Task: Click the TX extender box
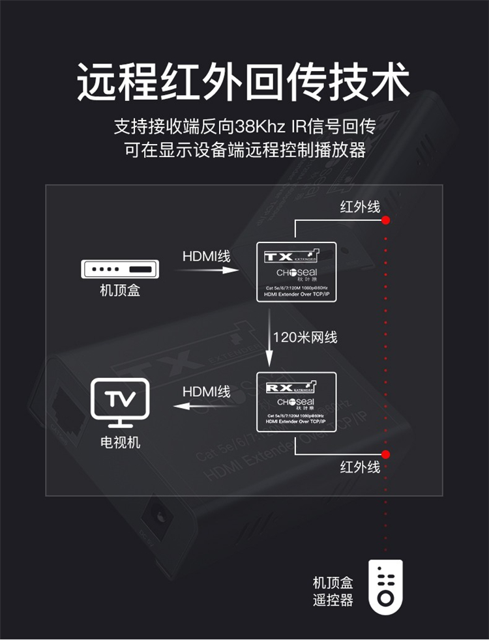[297, 272]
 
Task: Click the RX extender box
[297, 402]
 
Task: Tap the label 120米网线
[305, 338]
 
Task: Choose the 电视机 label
[120, 443]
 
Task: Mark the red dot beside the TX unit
[386, 220]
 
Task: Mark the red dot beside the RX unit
[386, 454]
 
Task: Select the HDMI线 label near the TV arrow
[206, 392]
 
